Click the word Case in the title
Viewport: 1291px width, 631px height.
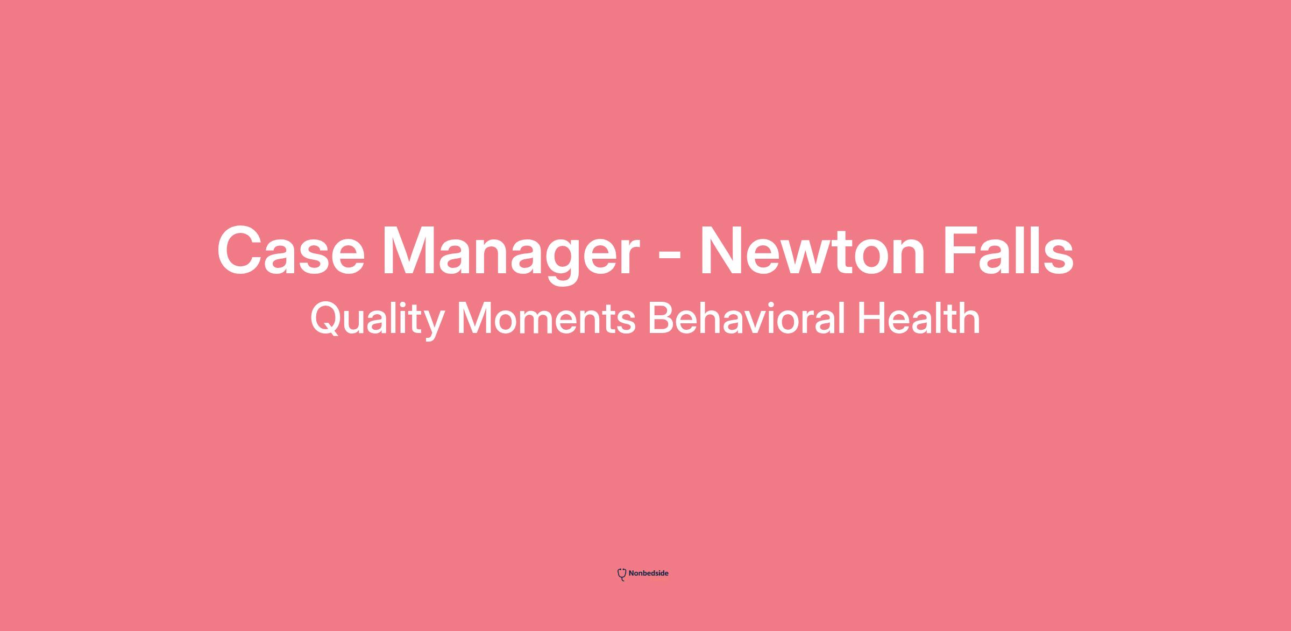(x=291, y=251)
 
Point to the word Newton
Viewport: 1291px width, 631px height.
(x=812, y=251)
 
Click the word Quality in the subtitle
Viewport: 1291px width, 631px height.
(x=377, y=320)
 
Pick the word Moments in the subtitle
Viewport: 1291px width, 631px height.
(x=546, y=319)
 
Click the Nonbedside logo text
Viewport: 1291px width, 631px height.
(x=648, y=573)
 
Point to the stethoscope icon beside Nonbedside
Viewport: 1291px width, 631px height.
(x=622, y=575)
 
